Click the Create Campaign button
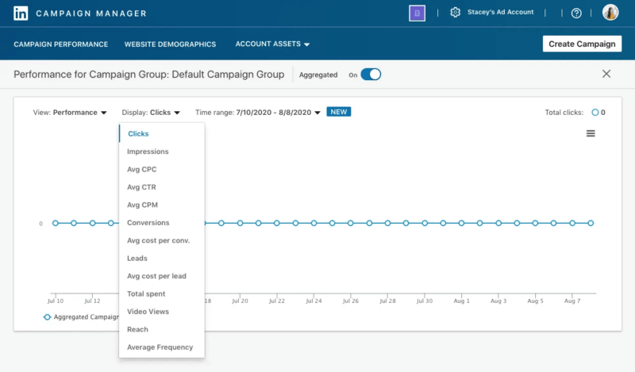(582, 44)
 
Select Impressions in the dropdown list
(148, 151)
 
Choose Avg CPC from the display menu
(142, 170)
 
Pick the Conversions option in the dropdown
(148, 223)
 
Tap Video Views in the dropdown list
(148, 312)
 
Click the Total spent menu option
(146, 294)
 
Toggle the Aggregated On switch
(371, 75)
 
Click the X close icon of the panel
(606, 74)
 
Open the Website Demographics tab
(170, 44)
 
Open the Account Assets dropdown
(272, 44)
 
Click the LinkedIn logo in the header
(21, 13)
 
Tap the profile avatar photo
(610, 13)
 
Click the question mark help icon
(576, 13)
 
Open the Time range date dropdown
(278, 113)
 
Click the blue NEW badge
(339, 112)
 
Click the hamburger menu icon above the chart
(591, 133)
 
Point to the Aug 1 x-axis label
(461, 301)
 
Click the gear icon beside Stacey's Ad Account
(455, 13)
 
